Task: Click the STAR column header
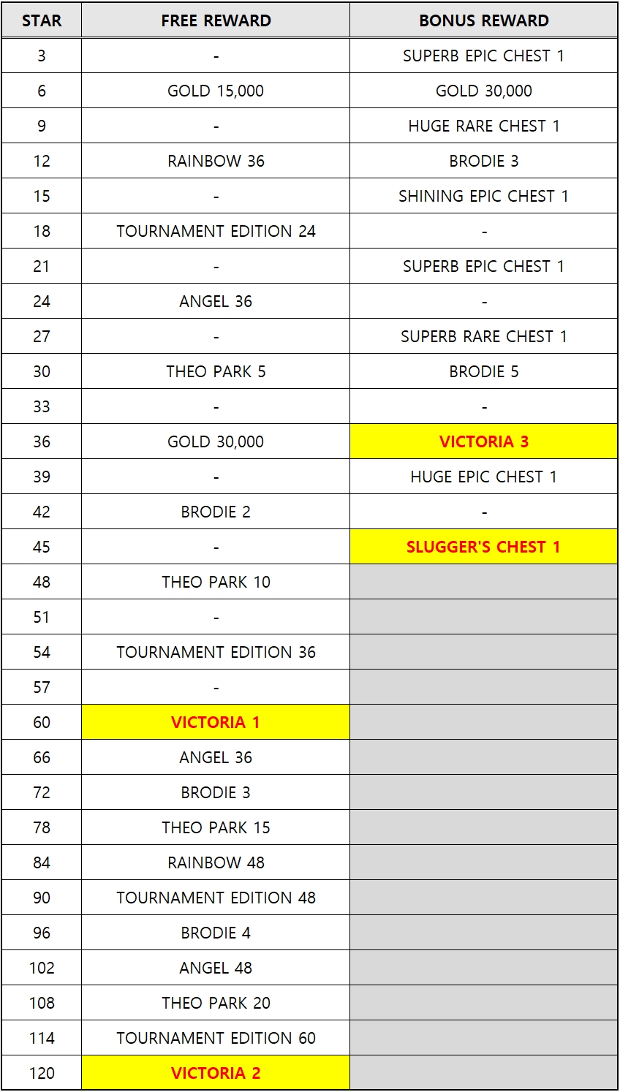click(42, 20)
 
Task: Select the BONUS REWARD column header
click(483, 20)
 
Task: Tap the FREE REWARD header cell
click(216, 20)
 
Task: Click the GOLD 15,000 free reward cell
click(216, 91)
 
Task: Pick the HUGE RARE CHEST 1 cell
click(483, 126)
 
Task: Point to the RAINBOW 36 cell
click(216, 161)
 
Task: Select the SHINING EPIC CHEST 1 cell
click(483, 196)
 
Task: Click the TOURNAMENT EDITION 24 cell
click(216, 231)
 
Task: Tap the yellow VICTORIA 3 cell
click(483, 441)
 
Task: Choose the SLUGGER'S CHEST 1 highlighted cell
click(483, 547)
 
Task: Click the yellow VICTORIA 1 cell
click(216, 722)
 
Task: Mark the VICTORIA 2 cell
click(216, 1073)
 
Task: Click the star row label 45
click(42, 547)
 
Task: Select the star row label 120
click(42, 1073)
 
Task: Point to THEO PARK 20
click(216, 1003)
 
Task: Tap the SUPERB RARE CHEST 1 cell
click(483, 336)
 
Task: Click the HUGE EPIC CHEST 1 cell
click(483, 477)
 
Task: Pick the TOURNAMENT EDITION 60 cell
click(216, 1038)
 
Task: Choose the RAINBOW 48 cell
click(216, 862)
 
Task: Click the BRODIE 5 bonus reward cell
click(483, 371)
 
